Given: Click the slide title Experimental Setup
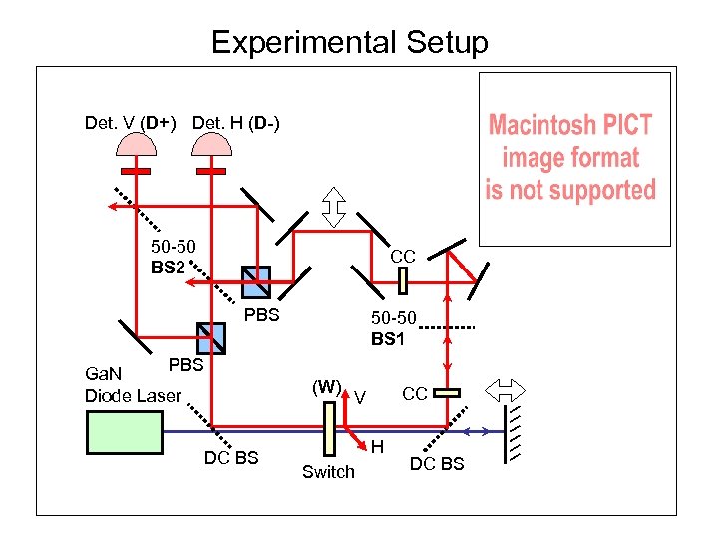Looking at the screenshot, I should point(350,43).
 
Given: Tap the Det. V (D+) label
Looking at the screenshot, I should point(131,123).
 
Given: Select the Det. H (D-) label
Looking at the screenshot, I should point(236,123).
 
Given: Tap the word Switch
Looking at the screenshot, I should point(328,472).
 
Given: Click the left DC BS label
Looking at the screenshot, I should point(231,458).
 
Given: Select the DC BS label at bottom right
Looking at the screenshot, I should point(437,464).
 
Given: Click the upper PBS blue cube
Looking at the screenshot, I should point(256,282).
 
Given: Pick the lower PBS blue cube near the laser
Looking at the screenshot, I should point(211,337).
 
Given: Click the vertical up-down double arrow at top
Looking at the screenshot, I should point(334,206).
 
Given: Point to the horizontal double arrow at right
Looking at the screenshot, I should point(502,388).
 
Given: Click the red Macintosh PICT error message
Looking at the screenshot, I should point(570,158).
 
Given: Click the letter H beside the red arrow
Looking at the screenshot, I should point(378,448).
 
